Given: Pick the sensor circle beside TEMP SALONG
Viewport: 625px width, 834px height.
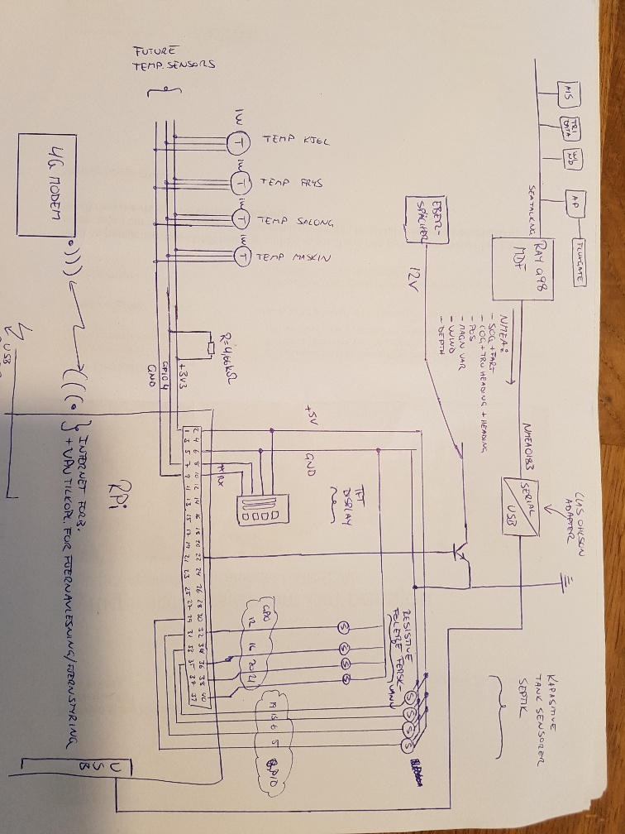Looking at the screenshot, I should [x=241, y=219].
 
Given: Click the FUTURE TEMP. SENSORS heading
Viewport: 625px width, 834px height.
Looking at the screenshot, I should [x=173, y=60].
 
